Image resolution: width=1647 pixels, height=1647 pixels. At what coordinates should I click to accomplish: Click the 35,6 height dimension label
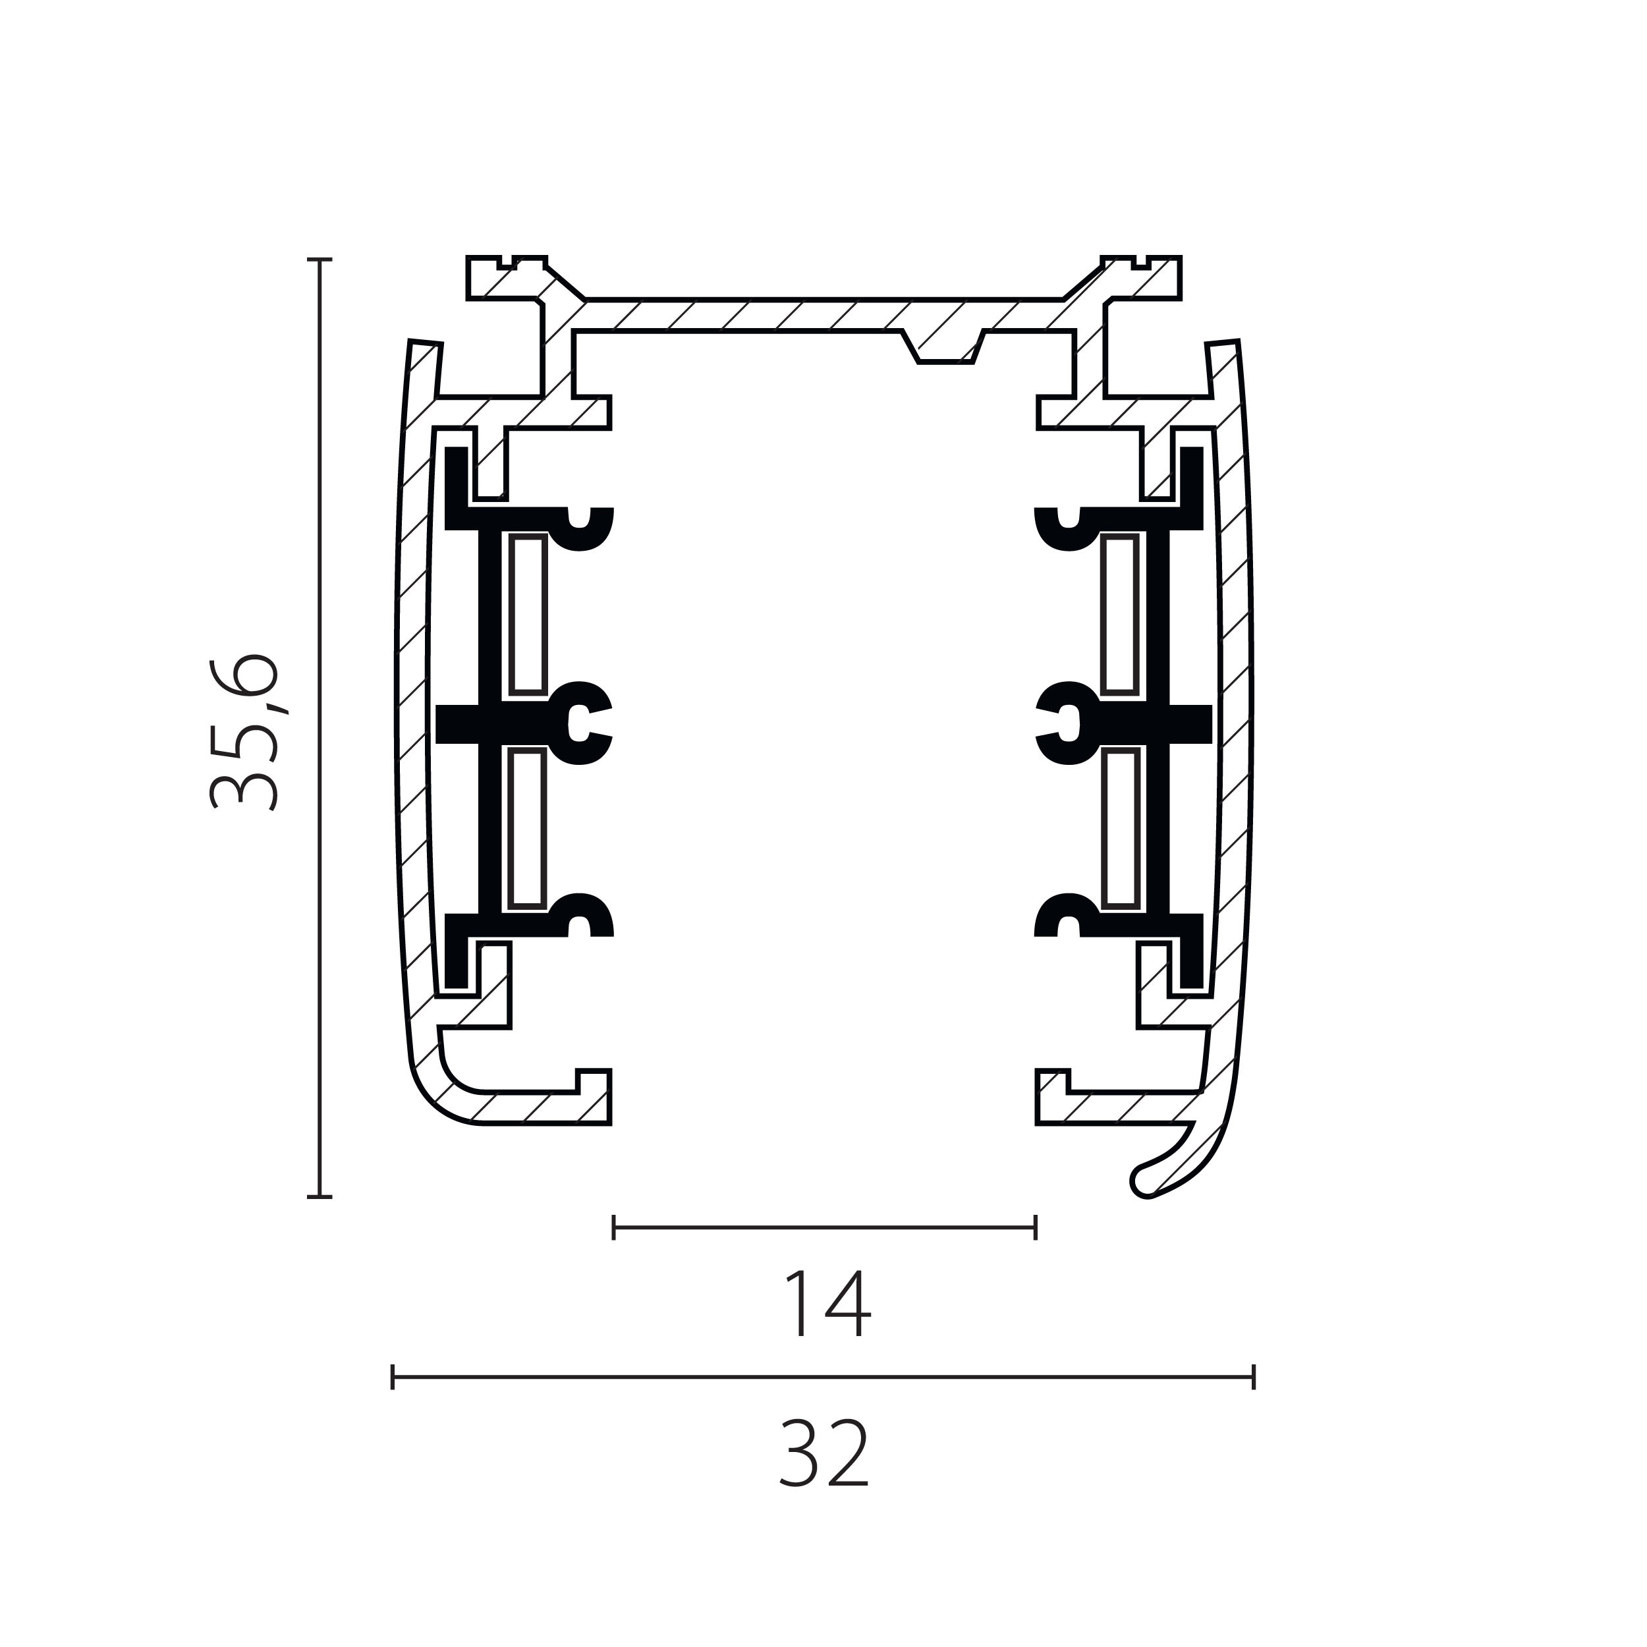pyautogui.click(x=244, y=731)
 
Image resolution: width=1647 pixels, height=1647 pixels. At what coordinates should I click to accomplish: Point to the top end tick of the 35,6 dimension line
pyautogui.click(x=320, y=258)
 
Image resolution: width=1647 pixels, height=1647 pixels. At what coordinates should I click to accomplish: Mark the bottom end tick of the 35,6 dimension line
pyautogui.click(x=320, y=1197)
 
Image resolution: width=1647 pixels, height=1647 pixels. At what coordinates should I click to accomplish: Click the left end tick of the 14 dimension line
pyautogui.click(x=614, y=1227)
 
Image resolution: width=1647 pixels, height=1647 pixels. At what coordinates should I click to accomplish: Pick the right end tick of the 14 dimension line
pyautogui.click(x=1035, y=1227)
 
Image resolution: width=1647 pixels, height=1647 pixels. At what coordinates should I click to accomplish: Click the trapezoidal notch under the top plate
pyautogui.click(x=945, y=347)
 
